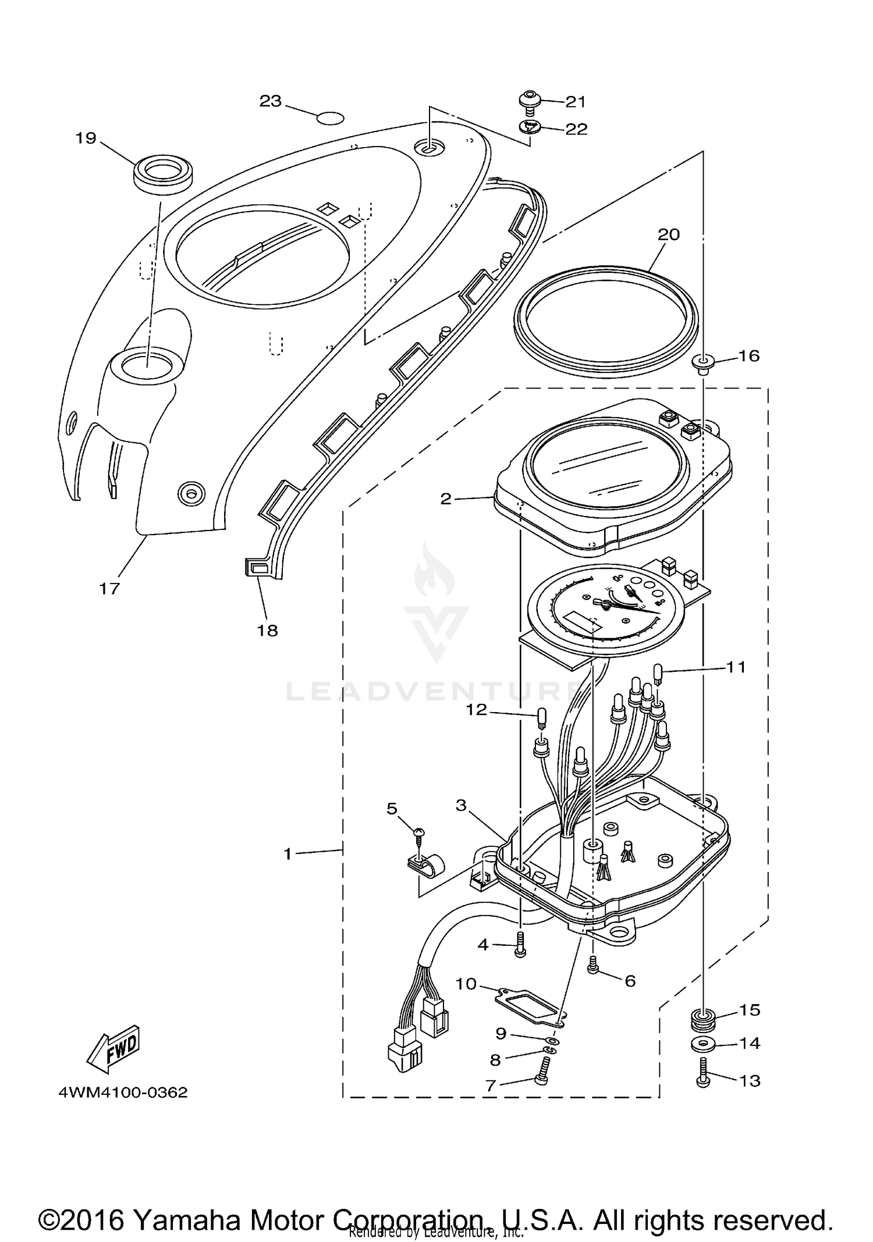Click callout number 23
[x=270, y=101]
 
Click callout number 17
[x=109, y=588]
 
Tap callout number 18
[x=268, y=630]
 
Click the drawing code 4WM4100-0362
[x=123, y=1092]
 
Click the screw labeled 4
[x=520, y=950]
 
